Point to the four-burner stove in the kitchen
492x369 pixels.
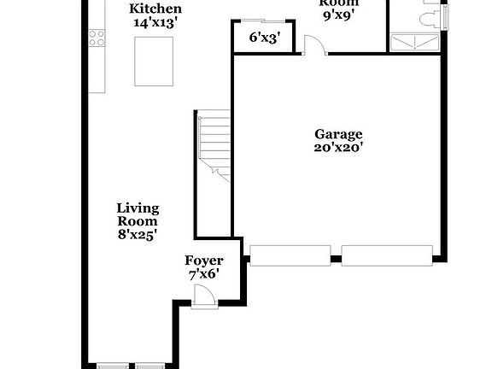(97, 38)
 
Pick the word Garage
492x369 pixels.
(338, 134)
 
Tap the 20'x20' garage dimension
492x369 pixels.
(338, 148)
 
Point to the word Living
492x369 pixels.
(138, 208)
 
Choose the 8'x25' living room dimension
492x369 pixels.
(138, 233)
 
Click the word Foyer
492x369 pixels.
(204, 261)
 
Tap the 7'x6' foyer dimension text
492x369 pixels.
(204, 274)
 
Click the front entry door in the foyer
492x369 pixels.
(203, 297)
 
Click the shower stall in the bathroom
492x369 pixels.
(417, 41)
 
